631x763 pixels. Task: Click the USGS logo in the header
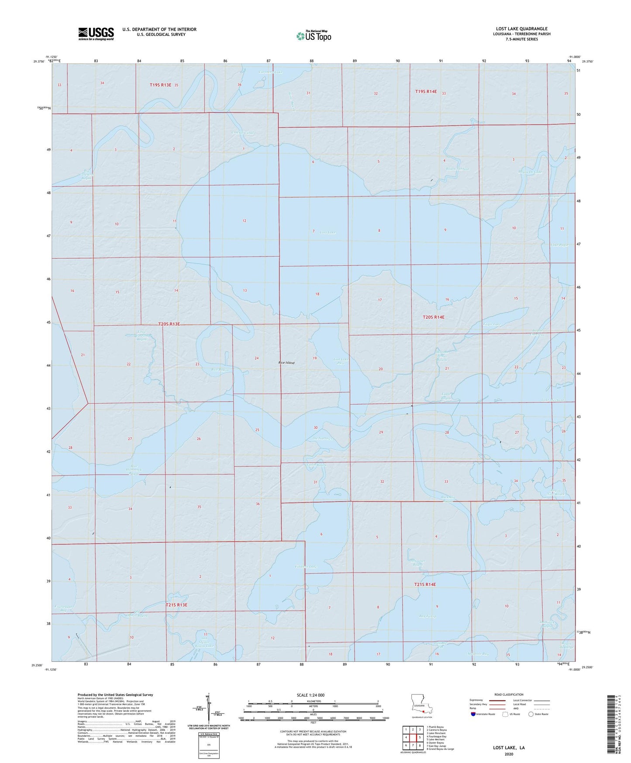(x=96, y=33)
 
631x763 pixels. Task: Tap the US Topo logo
(x=314, y=36)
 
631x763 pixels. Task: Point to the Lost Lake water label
(x=328, y=232)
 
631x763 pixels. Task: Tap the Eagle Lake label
(x=492, y=324)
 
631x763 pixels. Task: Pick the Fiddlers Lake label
(x=306, y=567)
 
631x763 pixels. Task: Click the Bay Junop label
(x=428, y=617)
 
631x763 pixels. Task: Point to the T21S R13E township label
(x=176, y=605)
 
